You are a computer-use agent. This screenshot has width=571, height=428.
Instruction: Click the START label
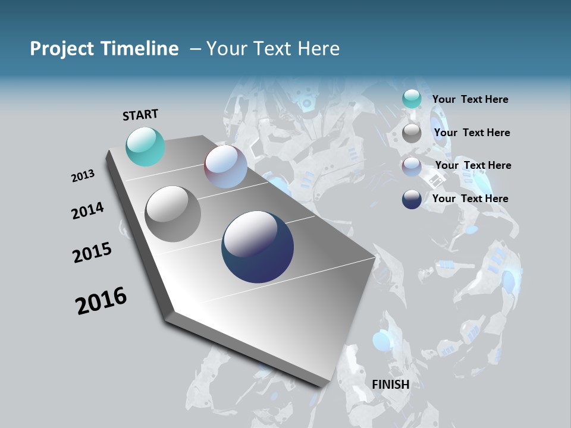point(140,115)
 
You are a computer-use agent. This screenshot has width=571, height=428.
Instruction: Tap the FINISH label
point(390,385)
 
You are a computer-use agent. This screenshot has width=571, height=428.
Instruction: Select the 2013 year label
point(83,176)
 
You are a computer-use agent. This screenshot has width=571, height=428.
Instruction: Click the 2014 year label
point(88,210)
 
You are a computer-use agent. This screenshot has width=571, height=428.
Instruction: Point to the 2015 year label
point(92,253)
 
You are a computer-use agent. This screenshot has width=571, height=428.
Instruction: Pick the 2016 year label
point(101,300)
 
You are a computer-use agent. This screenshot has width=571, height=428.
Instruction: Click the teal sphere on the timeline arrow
point(145,146)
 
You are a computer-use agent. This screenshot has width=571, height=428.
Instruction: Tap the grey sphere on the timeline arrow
point(172,213)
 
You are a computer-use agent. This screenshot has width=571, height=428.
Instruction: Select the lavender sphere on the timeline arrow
point(225,166)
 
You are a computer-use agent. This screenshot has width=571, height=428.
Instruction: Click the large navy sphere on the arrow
point(258,247)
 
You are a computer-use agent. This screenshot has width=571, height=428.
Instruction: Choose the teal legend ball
point(412,99)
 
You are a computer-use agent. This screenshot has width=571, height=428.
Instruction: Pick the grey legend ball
point(412,133)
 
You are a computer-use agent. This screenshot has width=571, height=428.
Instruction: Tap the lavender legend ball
point(412,166)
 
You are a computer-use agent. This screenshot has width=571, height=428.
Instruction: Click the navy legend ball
point(412,199)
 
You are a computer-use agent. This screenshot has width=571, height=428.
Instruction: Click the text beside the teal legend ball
point(470,99)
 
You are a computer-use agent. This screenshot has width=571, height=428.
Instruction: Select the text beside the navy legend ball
point(470,199)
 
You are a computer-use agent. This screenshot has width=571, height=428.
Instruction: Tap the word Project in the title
point(61,49)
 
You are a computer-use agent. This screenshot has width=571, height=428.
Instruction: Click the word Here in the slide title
point(318,49)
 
